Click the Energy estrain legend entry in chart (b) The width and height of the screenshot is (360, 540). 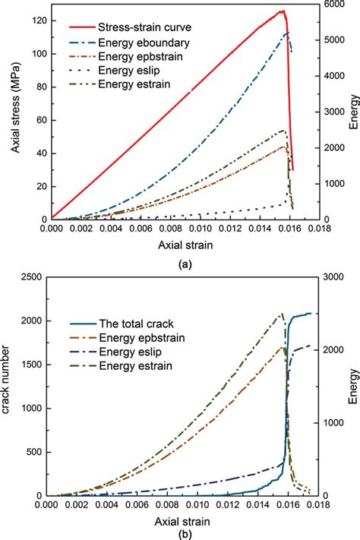[x=125, y=367]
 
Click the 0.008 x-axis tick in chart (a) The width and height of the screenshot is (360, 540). [x=159, y=227]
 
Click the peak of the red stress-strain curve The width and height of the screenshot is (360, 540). [x=283, y=11]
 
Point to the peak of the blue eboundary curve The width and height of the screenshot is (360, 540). [x=286, y=33]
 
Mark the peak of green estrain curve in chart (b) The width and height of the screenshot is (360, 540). [x=282, y=314]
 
